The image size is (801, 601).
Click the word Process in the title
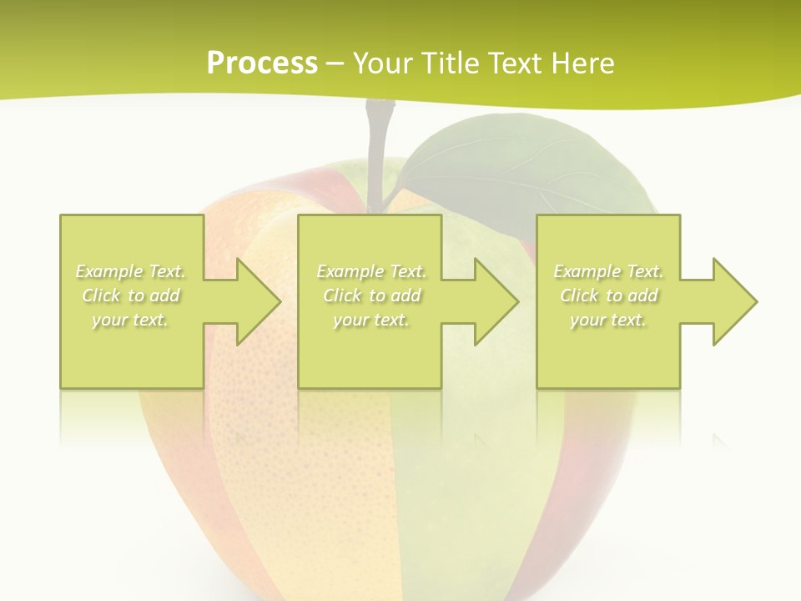[x=262, y=63]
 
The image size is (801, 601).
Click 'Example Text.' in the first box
[x=131, y=271]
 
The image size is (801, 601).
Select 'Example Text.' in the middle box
[x=371, y=271]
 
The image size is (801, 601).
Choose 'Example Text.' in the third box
[x=608, y=271]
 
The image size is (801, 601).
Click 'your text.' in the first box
[x=130, y=320]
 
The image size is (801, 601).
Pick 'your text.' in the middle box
[x=371, y=320]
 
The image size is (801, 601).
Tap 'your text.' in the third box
[x=608, y=320]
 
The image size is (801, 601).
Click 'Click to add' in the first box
[x=131, y=295]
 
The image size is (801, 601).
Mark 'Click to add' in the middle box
[x=371, y=295]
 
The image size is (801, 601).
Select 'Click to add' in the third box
[x=608, y=295]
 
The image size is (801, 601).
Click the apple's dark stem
[x=378, y=150]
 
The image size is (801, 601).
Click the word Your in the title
[x=380, y=63]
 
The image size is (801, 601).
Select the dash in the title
[x=335, y=63]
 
